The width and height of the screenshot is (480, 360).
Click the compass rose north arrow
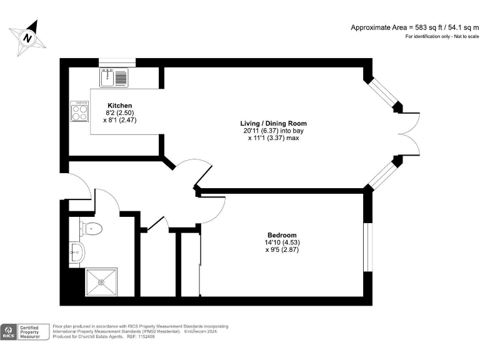(27, 37)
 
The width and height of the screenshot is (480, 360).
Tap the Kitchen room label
(119, 105)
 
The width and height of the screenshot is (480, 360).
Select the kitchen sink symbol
(113, 78)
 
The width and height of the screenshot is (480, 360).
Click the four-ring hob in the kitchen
(80, 112)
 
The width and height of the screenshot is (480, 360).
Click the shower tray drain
(100, 282)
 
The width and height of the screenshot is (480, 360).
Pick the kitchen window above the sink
(117, 62)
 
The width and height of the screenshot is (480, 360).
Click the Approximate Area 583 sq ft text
(414, 27)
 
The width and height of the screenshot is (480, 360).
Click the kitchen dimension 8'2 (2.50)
(119, 112)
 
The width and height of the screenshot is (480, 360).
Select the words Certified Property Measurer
(34, 332)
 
